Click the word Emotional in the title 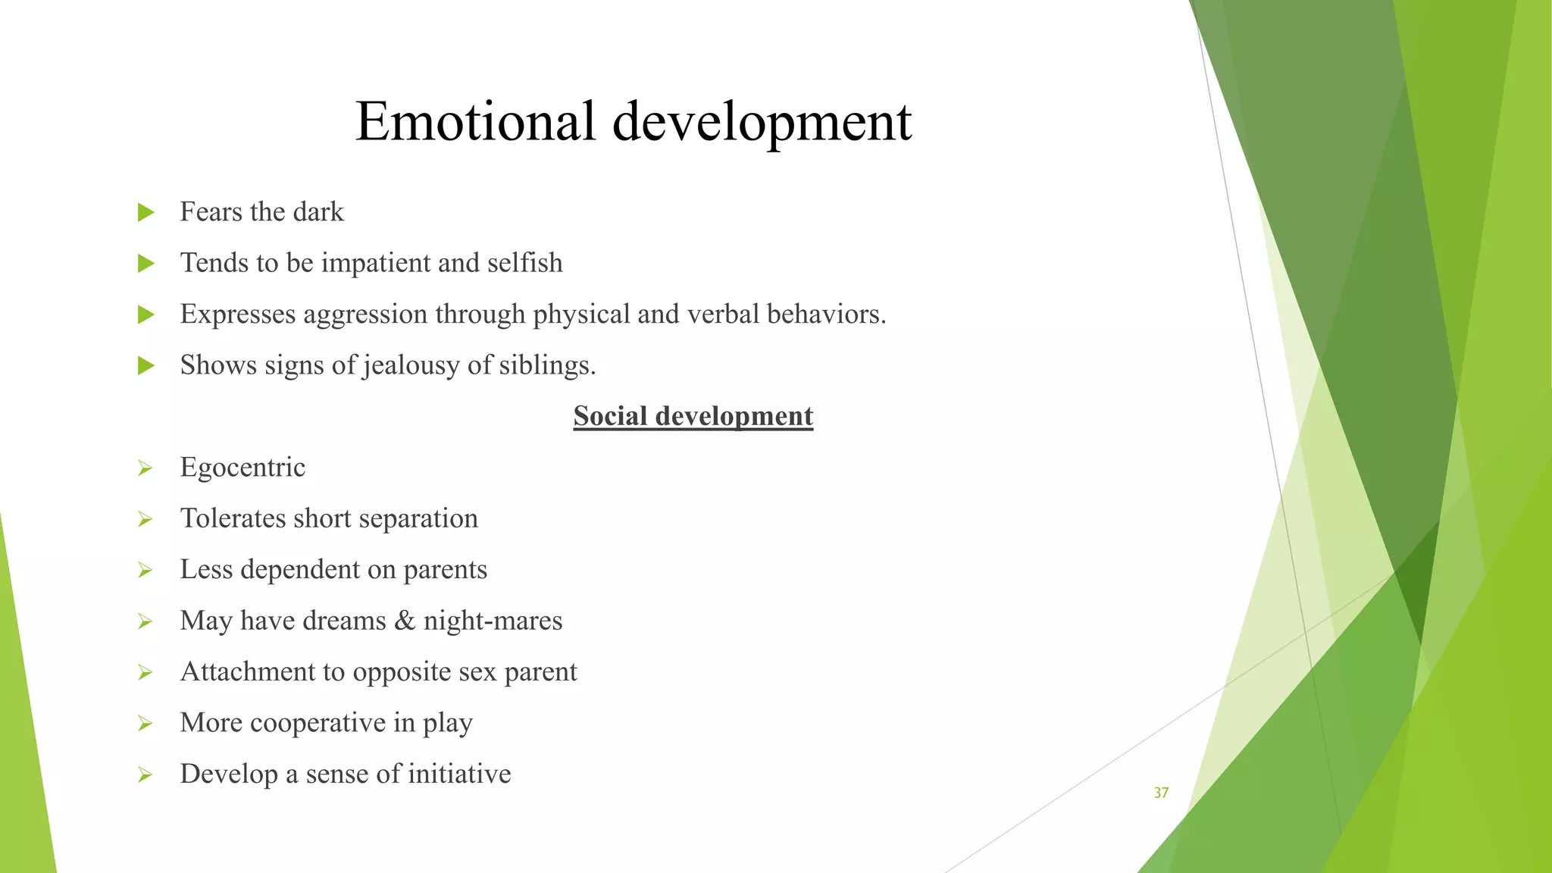(475, 121)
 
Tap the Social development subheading (693, 416)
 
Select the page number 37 (1161, 793)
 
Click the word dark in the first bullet (318, 212)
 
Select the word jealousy (411, 366)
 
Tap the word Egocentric (242, 468)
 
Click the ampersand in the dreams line (405, 621)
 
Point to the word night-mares (493, 621)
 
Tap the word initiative (459, 774)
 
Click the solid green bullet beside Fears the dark (146, 212)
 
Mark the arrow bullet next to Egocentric (145, 468)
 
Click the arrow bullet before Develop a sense (145, 774)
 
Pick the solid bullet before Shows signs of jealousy (146, 366)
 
